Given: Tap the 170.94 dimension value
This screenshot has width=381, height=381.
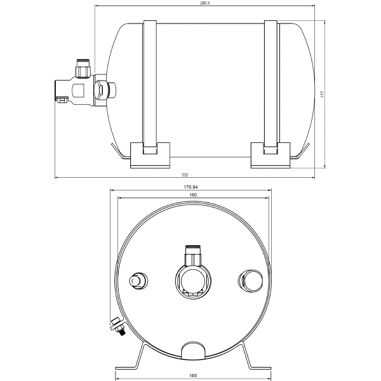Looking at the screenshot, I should click(191, 187).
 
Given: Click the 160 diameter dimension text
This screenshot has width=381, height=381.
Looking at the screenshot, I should click(192, 195).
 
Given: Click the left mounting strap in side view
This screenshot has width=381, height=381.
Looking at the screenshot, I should click(149, 83).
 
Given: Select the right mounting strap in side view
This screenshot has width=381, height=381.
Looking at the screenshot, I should click(271, 83).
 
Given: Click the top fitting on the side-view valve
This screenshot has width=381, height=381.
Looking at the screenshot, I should click(83, 65).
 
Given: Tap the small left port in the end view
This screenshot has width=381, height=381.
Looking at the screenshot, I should click(137, 281).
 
